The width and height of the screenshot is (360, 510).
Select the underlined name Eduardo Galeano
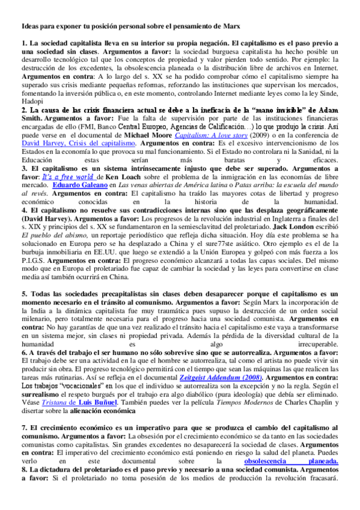[x=82, y=203]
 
